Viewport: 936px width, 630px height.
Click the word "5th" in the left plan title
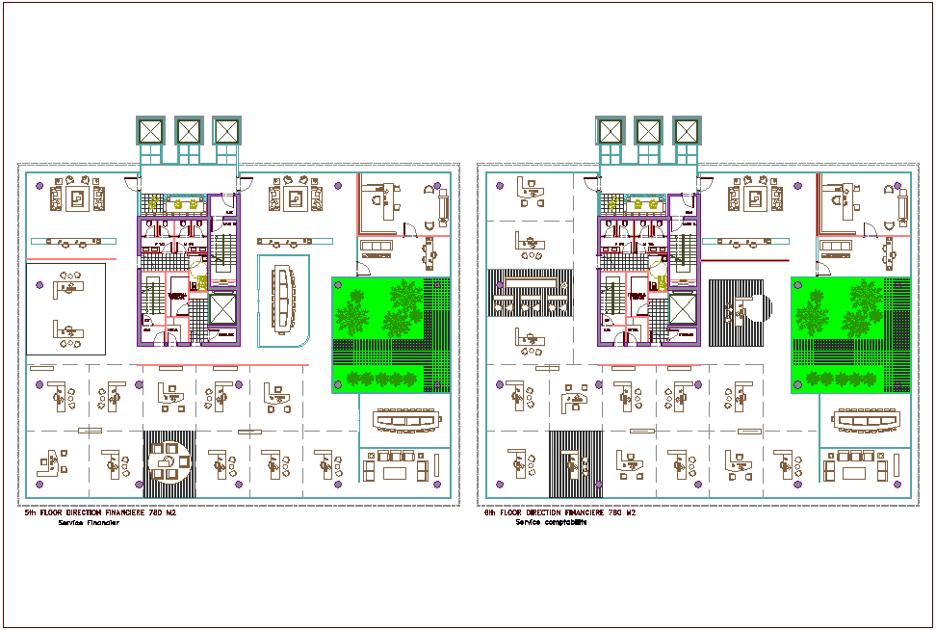pos(30,513)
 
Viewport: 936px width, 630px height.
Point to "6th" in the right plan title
pos(490,513)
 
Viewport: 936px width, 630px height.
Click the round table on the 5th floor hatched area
pos(169,460)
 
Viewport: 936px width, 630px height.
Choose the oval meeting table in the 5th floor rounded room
pos(284,298)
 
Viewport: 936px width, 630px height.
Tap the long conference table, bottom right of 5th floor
pos(404,421)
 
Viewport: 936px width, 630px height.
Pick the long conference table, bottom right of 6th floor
pos(865,421)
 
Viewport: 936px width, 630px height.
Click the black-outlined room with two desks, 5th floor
pos(65,308)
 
